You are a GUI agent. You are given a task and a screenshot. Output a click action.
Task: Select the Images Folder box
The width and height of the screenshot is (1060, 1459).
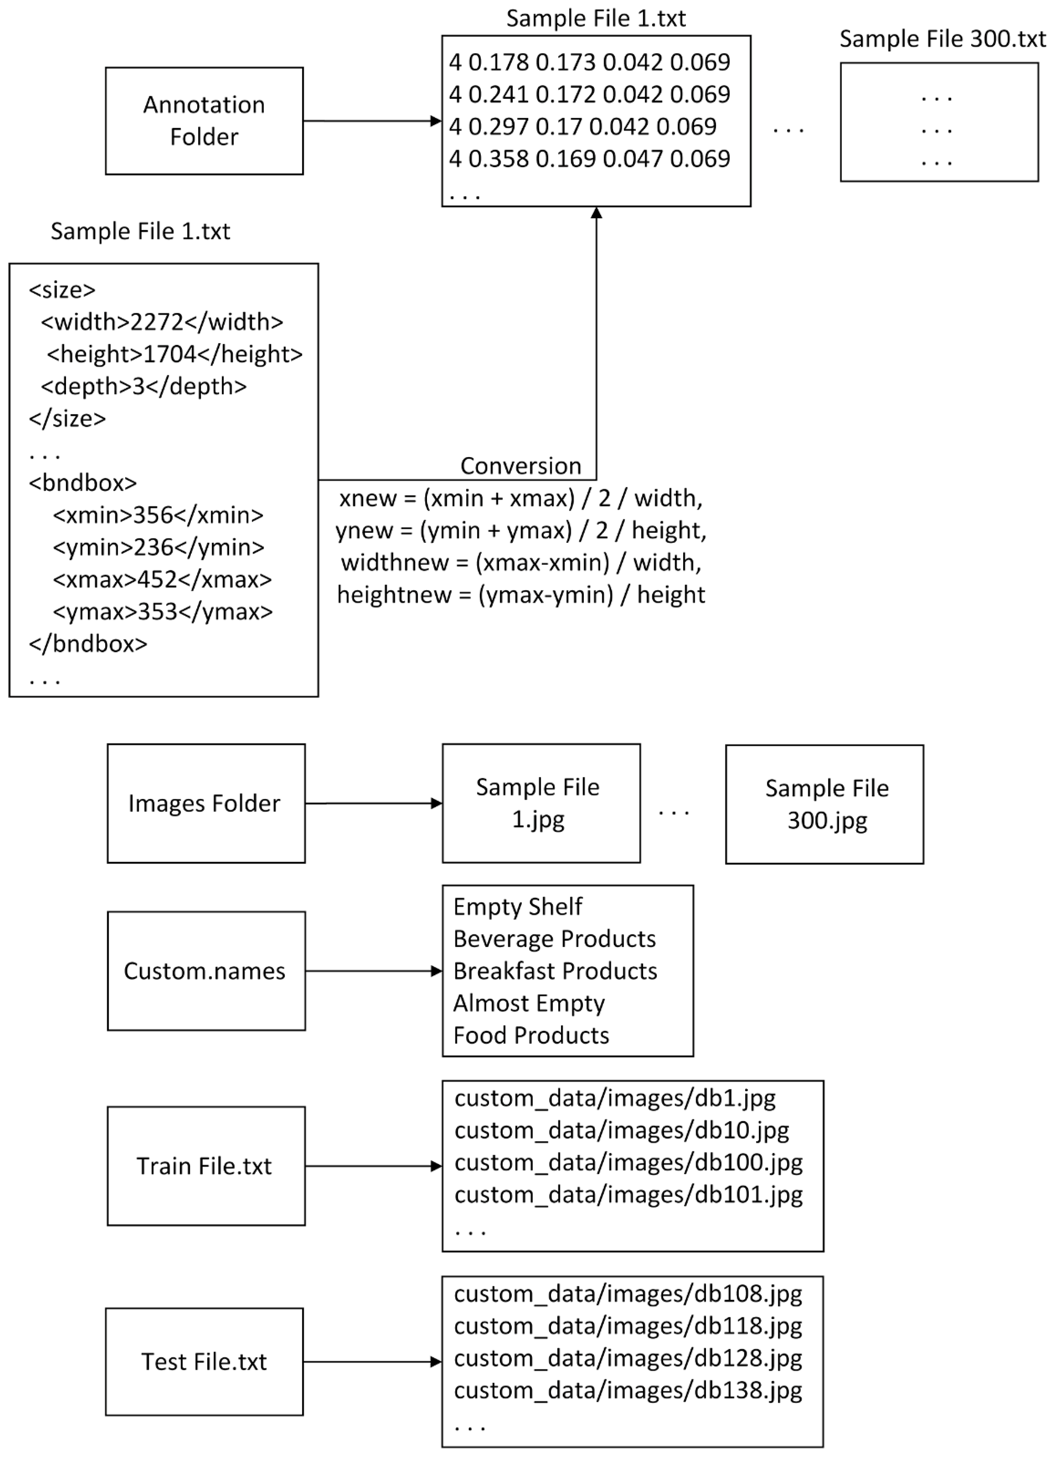point(206,803)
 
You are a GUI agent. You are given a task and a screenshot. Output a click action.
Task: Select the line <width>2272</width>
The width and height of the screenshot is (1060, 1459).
point(162,322)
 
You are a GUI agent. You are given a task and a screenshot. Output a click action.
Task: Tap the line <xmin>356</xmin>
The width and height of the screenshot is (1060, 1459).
point(158,515)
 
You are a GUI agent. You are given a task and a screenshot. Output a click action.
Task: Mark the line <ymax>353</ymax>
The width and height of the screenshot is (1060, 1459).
point(163,611)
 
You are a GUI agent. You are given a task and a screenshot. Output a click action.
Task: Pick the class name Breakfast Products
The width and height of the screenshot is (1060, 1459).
point(555,971)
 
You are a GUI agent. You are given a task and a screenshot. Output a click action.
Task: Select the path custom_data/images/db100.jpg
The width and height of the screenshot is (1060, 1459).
point(628,1162)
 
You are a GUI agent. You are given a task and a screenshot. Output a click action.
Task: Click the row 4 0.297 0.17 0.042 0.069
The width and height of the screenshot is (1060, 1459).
point(583,127)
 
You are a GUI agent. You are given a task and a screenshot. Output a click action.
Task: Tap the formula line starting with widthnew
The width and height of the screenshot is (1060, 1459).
point(521,562)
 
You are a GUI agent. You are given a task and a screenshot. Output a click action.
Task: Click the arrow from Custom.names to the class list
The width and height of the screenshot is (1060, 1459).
point(373,971)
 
